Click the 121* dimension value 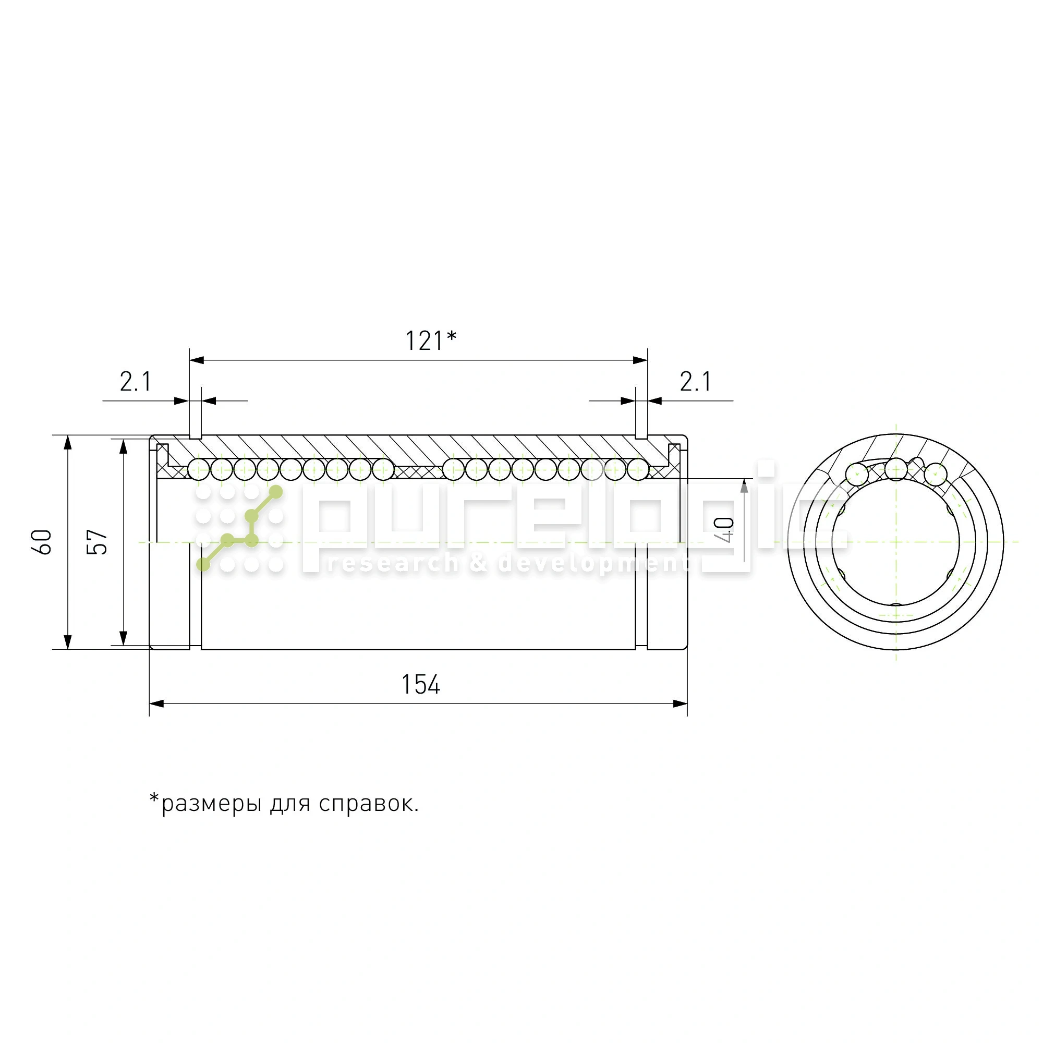(431, 341)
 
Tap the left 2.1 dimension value (136, 382)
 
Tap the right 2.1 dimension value (695, 382)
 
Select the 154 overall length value (420, 685)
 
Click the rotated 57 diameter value (97, 541)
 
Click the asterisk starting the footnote (155, 798)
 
